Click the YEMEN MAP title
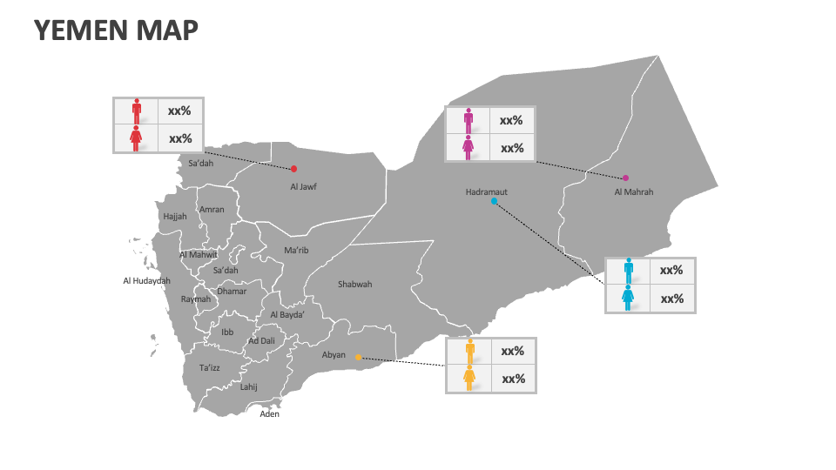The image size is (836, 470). pyautogui.click(x=116, y=30)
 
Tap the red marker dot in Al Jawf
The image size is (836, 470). pyautogui.click(x=294, y=169)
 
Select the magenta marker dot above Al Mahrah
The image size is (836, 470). pyautogui.click(x=625, y=178)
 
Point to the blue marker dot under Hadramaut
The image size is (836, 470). pyautogui.click(x=494, y=201)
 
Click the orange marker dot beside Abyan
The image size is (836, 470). pyautogui.click(x=358, y=357)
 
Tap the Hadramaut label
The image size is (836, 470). pyautogui.click(x=486, y=191)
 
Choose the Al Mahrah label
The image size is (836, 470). pyautogui.click(x=633, y=192)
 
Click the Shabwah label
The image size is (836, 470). pyautogui.click(x=354, y=285)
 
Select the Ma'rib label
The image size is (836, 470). pyautogui.click(x=296, y=251)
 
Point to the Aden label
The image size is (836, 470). pyautogui.click(x=270, y=414)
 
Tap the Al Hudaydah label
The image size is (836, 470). pyautogui.click(x=146, y=280)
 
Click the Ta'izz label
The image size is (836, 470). pyautogui.click(x=209, y=368)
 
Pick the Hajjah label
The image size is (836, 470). pyautogui.click(x=174, y=217)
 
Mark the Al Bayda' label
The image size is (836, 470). pyautogui.click(x=287, y=315)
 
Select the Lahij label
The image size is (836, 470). pyautogui.click(x=249, y=387)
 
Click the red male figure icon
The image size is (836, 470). pyautogui.click(x=136, y=111)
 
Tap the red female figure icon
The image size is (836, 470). pyautogui.click(x=136, y=138)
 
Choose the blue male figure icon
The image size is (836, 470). pyautogui.click(x=628, y=271)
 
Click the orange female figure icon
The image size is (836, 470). pyautogui.click(x=469, y=379)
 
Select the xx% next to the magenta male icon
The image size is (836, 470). pyautogui.click(x=511, y=121)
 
